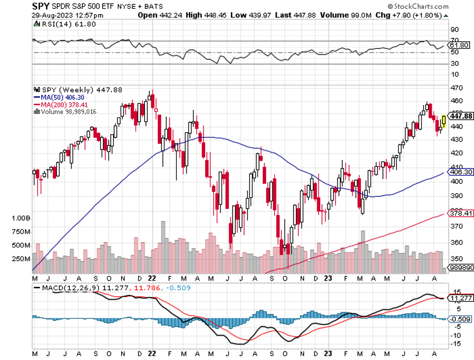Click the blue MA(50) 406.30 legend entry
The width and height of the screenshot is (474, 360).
click(x=57, y=97)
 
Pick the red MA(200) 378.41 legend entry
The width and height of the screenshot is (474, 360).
click(x=58, y=104)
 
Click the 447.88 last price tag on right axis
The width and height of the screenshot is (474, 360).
click(x=461, y=116)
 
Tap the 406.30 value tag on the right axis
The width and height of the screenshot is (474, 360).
click(x=460, y=172)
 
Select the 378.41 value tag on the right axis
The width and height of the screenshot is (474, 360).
click(x=460, y=213)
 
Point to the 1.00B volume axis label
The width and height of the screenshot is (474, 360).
click(x=20, y=218)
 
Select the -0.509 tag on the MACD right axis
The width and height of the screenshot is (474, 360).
click(x=460, y=319)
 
